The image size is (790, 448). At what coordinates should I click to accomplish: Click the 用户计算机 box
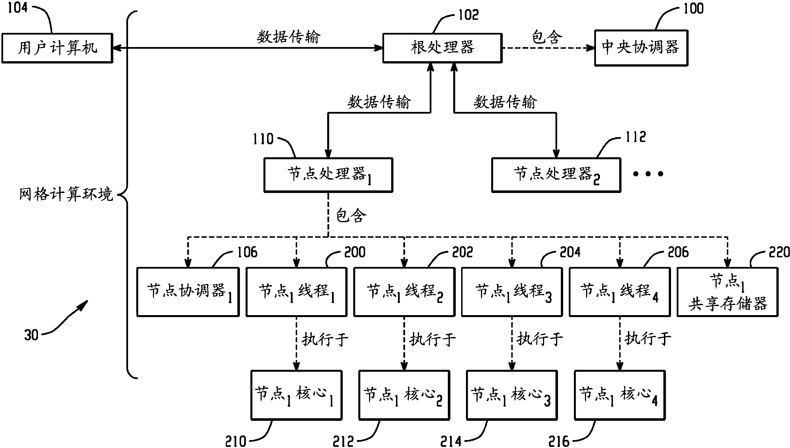point(57,48)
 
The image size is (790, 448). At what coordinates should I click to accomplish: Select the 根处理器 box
point(442,48)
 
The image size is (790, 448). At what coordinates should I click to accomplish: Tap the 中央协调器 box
point(641,48)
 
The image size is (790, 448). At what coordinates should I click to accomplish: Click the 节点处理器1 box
point(328,175)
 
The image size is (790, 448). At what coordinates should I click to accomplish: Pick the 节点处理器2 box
point(556,175)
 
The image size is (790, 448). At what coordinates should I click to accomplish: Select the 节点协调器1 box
point(188,292)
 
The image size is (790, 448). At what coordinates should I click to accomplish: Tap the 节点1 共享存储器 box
point(728,292)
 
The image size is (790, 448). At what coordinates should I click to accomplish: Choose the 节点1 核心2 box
point(404,395)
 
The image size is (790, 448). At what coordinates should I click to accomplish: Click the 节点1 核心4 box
point(620,395)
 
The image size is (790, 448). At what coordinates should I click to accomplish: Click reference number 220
point(779,252)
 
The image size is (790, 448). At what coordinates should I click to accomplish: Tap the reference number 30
point(31,335)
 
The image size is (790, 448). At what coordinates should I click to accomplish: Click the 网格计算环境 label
point(66,194)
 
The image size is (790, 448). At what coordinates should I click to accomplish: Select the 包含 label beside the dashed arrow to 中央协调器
point(547,37)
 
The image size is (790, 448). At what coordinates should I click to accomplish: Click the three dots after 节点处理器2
point(648,174)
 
